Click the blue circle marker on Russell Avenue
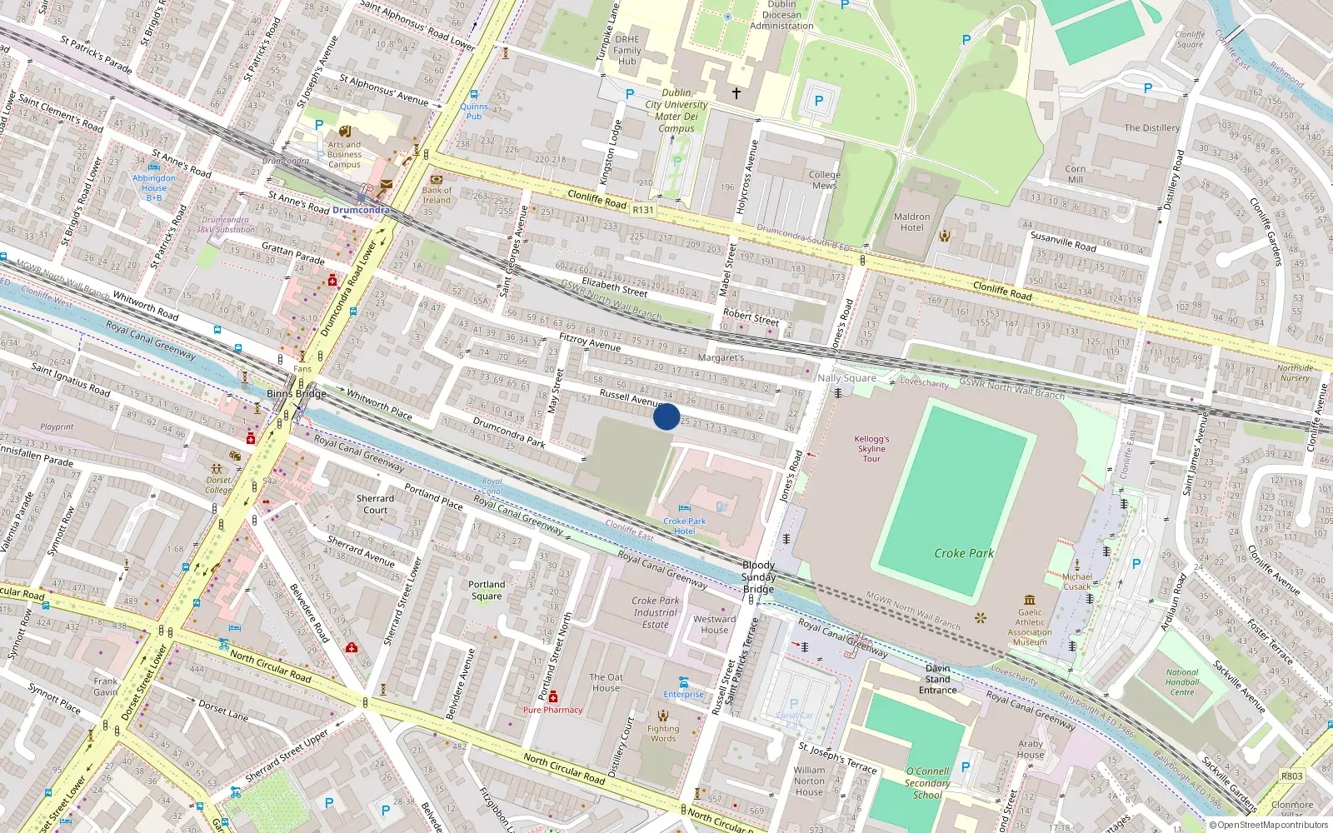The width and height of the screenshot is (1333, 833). [x=666, y=416]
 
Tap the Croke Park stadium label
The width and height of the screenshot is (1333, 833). [x=964, y=553]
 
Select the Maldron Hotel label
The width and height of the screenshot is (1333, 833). [x=911, y=222]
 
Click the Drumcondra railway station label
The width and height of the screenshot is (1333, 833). [x=361, y=210]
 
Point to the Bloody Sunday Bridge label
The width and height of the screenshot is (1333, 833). [x=758, y=577]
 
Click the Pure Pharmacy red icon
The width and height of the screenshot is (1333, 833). [x=552, y=696]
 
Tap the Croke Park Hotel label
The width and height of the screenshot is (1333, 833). [x=684, y=526]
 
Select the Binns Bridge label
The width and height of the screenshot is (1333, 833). [x=297, y=393]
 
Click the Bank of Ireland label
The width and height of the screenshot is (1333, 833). [x=436, y=195]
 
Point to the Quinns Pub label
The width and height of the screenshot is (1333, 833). [x=474, y=111]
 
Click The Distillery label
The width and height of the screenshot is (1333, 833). [x=1151, y=128]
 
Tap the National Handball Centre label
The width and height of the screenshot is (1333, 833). [x=1182, y=682]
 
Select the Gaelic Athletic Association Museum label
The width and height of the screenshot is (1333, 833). [x=1030, y=627]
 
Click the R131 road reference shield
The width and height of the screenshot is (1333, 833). [x=643, y=210]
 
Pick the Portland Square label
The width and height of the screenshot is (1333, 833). [x=487, y=591]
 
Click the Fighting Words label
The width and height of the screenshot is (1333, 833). [x=663, y=733]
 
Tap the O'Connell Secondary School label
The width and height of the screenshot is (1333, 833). [x=927, y=783]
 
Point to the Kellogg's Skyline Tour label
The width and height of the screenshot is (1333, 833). [x=871, y=449]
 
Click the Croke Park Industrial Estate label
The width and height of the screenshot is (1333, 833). [x=656, y=612]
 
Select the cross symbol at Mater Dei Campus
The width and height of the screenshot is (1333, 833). [x=736, y=93]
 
